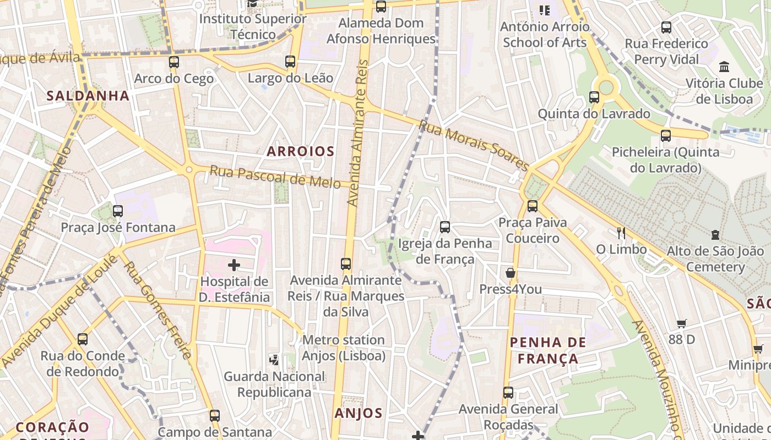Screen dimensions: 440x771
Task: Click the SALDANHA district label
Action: pyautogui.click(x=88, y=96)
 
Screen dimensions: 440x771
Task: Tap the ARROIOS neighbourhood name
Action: pyautogui.click(x=301, y=151)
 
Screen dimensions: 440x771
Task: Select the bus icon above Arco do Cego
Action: pyautogui.click(x=174, y=62)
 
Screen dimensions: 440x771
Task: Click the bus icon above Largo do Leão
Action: pyautogui.click(x=290, y=62)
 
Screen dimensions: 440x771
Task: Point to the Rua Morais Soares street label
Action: pyautogui.click(x=474, y=145)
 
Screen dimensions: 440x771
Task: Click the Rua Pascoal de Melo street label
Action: pyautogui.click(x=275, y=177)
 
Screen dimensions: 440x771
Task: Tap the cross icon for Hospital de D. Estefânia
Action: pyautogui.click(x=234, y=265)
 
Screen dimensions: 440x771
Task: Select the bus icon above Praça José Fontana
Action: pyautogui.click(x=117, y=211)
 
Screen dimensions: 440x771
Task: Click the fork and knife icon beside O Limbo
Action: pyautogui.click(x=621, y=233)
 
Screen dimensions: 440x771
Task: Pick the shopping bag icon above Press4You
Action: pyautogui.click(x=511, y=273)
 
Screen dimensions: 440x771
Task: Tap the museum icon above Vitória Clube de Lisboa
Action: pyautogui.click(x=724, y=67)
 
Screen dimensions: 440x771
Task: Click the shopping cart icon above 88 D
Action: pyautogui.click(x=681, y=324)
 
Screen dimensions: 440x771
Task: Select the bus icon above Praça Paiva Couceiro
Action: pyautogui.click(x=532, y=206)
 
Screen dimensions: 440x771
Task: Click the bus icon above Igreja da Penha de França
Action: pyautogui.click(x=445, y=227)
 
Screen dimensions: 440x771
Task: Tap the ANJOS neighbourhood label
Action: pyautogui.click(x=358, y=413)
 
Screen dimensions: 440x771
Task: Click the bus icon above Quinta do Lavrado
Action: pyautogui.click(x=594, y=97)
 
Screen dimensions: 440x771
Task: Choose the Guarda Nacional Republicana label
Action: pyautogui.click(x=274, y=384)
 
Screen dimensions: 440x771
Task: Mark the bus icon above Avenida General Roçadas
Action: pyautogui.click(x=508, y=393)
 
